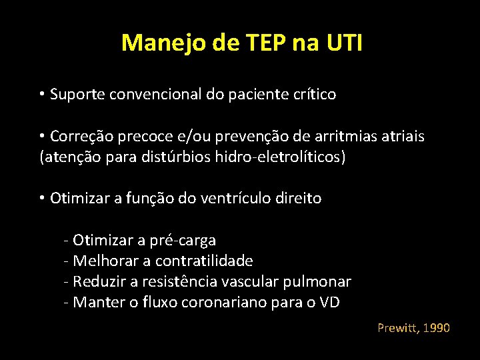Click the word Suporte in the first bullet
click(x=76, y=95)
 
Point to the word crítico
click(x=312, y=95)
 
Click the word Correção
click(x=81, y=137)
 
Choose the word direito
click(x=298, y=198)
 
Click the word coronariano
click(x=230, y=303)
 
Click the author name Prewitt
click(x=397, y=328)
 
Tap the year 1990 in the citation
click(x=436, y=328)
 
